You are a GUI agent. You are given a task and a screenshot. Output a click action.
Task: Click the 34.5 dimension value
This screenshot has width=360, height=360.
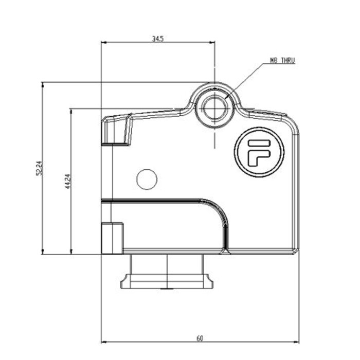tap(157, 39)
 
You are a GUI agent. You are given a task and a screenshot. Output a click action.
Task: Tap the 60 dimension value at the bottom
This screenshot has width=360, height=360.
tap(200, 338)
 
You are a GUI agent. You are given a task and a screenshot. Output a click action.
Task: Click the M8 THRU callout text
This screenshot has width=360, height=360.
tap(282, 61)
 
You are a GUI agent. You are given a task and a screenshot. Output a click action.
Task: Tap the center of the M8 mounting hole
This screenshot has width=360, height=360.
tap(213, 109)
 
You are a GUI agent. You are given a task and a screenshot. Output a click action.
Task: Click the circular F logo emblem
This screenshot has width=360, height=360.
tap(259, 152)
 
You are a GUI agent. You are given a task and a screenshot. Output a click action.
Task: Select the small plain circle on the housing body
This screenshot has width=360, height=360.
tap(147, 179)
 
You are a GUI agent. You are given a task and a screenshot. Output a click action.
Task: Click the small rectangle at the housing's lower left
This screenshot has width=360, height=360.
tap(112, 238)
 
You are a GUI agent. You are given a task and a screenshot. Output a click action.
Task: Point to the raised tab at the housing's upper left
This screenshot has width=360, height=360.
tap(116, 131)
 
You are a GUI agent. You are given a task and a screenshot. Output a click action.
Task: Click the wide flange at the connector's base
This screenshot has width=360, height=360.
tap(168, 282)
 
